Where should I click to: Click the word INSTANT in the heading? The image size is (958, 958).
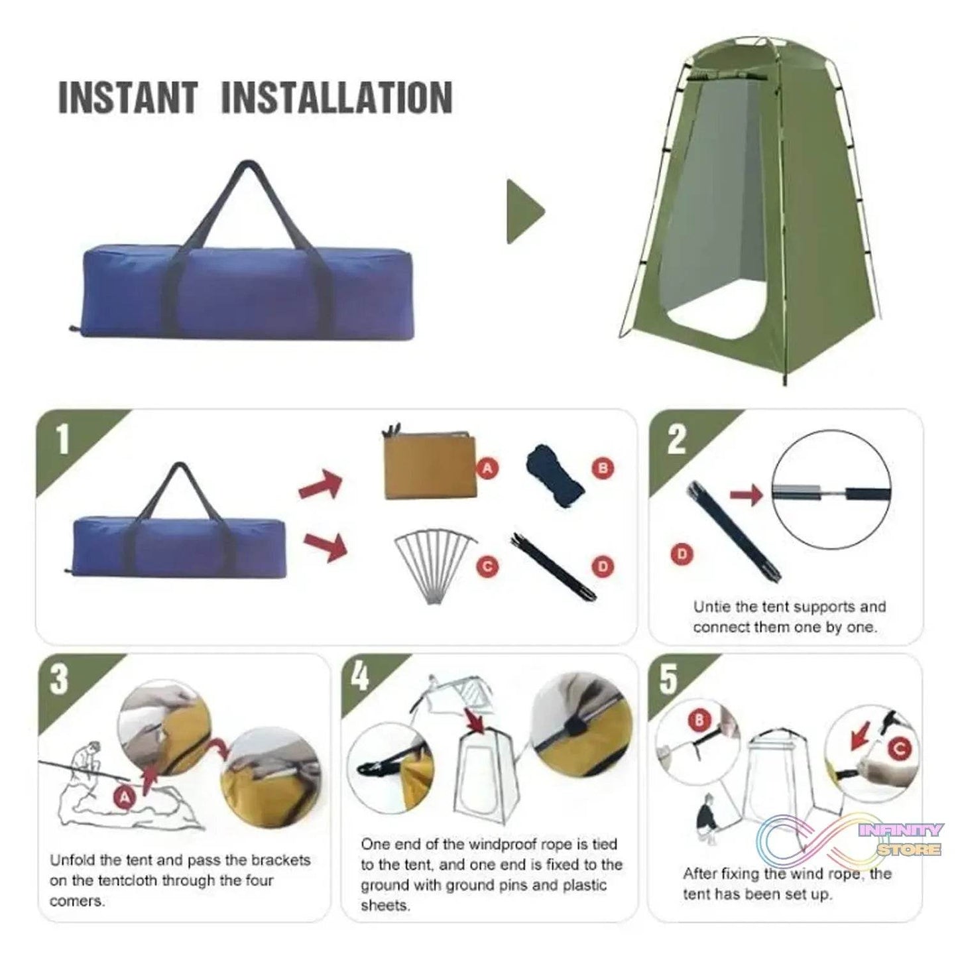tap(128, 97)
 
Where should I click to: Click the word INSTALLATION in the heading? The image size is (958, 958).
tap(336, 97)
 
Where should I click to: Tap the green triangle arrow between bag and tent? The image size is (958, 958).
tap(524, 211)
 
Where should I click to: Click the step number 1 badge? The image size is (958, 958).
tap(62, 439)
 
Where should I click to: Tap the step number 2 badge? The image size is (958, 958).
tap(676, 439)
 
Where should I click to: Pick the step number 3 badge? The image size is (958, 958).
tap(60, 680)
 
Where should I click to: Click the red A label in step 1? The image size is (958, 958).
tap(488, 469)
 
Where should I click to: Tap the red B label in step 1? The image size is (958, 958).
tap(603, 469)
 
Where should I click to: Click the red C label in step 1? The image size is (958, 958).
tap(488, 566)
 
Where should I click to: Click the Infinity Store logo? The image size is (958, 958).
tap(855, 841)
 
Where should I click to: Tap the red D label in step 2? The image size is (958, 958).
tap(681, 554)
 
